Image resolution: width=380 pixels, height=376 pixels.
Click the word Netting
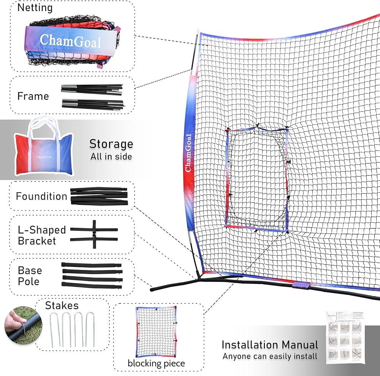click(35, 8)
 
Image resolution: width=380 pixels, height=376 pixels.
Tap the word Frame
click(33, 96)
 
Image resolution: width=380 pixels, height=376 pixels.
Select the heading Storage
click(111, 144)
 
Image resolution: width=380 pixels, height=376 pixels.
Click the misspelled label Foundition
click(41, 197)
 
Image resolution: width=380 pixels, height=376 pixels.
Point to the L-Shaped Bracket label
click(42, 235)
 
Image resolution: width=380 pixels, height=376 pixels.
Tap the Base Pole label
click(30, 276)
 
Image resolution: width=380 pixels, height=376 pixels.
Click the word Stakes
click(62, 306)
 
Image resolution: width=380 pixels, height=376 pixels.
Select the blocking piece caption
click(156, 363)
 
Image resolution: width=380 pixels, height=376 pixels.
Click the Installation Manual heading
click(270, 345)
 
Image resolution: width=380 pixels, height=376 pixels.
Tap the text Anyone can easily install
click(270, 356)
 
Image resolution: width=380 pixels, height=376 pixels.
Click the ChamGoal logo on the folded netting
click(70, 41)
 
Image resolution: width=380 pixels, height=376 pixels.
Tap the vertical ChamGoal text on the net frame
click(188, 152)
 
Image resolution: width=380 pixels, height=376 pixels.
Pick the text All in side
click(111, 157)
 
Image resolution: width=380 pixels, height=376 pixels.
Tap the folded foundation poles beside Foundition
click(99, 196)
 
